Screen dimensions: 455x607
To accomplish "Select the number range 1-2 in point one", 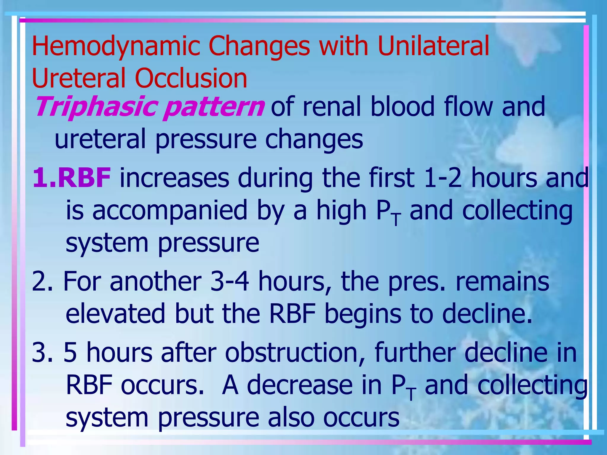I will click(x=443, y=178).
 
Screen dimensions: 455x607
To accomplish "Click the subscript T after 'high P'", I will click(x=396, y=219).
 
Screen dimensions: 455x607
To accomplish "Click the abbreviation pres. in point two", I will click(x=416, y=282).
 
